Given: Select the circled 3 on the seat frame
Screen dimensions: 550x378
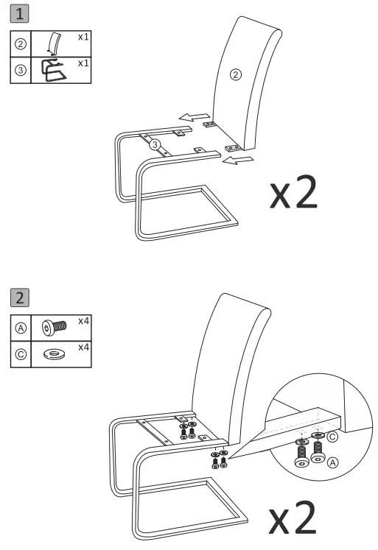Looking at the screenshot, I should (155, 145).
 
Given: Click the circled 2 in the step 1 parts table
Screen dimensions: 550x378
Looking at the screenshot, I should (21, 43).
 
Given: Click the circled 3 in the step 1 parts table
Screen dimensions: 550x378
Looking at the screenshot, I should (21, 70).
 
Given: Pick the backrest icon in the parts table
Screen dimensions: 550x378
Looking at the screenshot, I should (52, 43).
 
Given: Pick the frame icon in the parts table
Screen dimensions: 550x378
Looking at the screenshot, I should (52, 70).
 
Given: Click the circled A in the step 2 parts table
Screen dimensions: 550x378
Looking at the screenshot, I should (21, 328).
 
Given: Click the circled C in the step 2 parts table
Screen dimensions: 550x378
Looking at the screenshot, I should (21, 354).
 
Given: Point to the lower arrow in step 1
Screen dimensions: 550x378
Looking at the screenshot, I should (239, 160).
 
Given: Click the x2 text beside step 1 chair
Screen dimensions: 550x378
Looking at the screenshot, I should (294, 191).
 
